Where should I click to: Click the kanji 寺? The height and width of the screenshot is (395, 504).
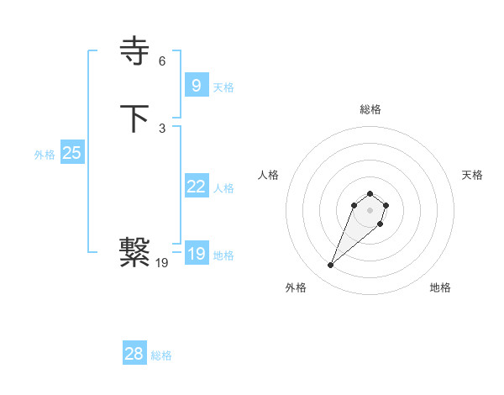pos(135,52)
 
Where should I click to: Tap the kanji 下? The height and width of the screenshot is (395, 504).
pos(135,118)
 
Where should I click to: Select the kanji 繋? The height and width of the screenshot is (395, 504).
pos(135,252)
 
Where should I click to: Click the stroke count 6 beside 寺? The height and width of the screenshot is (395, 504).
pos(162,61)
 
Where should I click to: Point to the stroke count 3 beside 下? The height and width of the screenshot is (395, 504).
pos(162,129)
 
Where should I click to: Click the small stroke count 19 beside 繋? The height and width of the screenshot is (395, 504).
pos(162,263)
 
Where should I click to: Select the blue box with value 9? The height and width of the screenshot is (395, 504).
pos(196,85)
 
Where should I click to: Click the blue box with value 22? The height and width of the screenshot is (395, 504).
pos(196,187)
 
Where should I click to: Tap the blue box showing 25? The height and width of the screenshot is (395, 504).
pos(71,153)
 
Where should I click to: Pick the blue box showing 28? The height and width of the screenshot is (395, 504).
pos(134,354)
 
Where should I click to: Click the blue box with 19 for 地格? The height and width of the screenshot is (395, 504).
pos(196,254)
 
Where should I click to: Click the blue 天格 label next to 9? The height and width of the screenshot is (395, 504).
pos(223,87)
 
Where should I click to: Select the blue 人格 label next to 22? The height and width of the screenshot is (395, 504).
pos(223,188)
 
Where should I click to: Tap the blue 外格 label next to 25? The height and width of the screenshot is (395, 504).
pos(45,155)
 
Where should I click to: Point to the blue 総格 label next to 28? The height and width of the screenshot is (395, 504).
pos(161,355)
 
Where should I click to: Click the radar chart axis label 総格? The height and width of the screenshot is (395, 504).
pos(370,109)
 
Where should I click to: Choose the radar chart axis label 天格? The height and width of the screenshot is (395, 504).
pos(472,175)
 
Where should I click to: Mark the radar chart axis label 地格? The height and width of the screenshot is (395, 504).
pos(440,287)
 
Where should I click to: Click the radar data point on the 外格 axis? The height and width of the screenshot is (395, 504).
pos(331,266)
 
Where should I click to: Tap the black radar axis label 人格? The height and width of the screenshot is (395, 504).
pos(269,175)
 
